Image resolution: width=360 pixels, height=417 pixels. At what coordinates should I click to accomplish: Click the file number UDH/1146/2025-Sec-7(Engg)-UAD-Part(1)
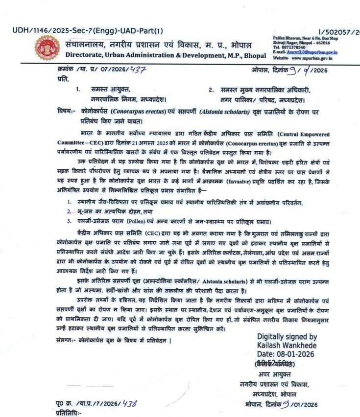(88, 30)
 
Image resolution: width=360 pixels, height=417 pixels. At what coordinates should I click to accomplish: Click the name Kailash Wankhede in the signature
(287, 346)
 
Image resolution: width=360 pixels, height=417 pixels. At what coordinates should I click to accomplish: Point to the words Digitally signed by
(287, 337)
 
